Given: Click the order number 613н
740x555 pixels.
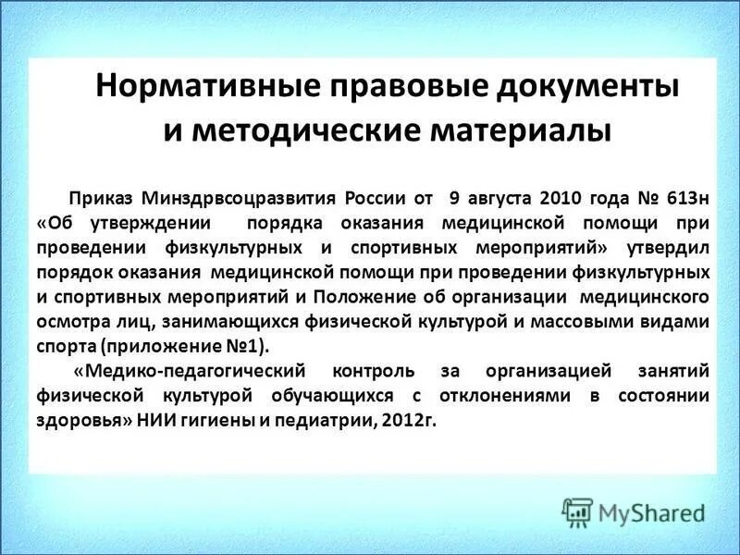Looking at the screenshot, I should coord(682,198).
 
